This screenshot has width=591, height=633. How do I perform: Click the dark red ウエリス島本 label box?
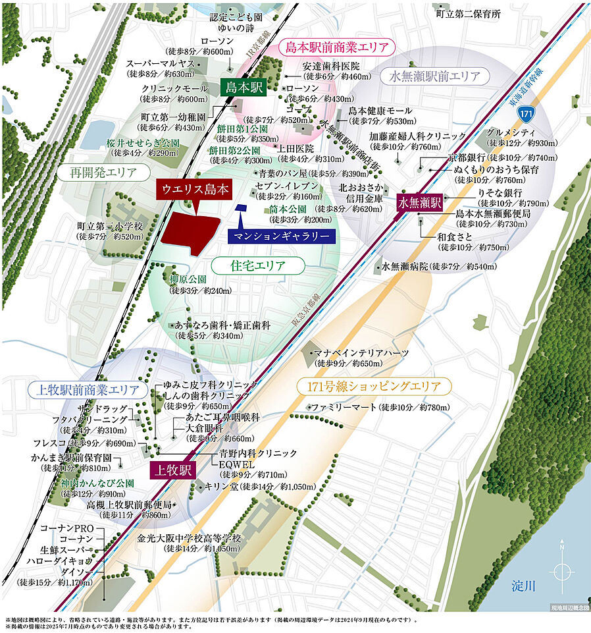tap(195, 190)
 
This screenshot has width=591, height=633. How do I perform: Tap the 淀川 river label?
tap(527, 585)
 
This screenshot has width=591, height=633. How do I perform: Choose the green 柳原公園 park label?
tap(188, 279)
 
